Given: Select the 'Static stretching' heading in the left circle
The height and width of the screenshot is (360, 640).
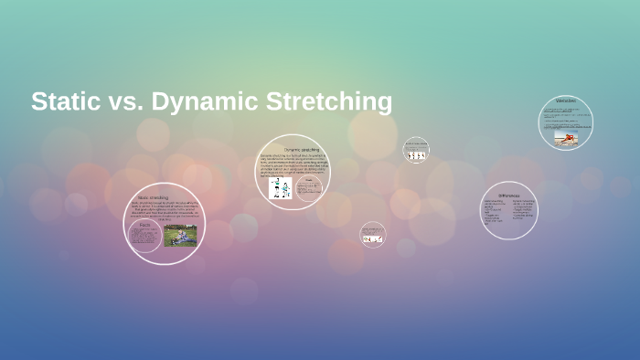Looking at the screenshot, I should tap(153, 197).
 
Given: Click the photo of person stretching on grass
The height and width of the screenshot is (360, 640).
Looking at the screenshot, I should tap(180, 235).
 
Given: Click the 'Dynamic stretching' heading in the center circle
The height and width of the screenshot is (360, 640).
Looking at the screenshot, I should tap(301, 149).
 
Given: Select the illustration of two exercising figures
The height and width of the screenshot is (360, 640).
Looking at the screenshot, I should tap(280, 187).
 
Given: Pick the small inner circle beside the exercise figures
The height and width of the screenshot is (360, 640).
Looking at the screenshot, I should tap(310, 188).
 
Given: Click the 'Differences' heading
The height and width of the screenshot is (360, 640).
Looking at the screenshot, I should tap(509, 195).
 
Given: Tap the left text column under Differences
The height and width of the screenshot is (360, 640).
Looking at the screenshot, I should tap(494, 211).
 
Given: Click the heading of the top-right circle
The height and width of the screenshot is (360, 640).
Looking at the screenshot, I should tap(566, 101).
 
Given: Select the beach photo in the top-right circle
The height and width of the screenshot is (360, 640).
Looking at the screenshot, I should tap(566, 137).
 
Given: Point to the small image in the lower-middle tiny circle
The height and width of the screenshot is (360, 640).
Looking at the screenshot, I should tap(372, 238).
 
